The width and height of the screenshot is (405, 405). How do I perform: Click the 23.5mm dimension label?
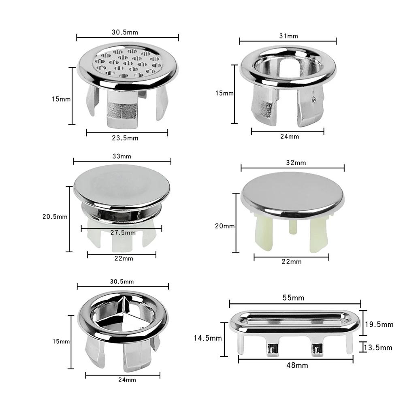point(125,138)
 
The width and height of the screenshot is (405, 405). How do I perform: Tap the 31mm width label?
point(288,36)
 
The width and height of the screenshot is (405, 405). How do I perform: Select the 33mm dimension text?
point(122,156)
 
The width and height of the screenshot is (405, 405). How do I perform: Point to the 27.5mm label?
point(123,232)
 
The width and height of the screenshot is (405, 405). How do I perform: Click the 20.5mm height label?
point(55,216)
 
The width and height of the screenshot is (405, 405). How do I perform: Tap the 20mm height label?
point(225,226)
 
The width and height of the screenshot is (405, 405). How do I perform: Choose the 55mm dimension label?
point(293,298)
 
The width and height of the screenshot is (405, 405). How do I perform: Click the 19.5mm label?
point(379,324)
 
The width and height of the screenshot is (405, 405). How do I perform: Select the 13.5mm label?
point(378,347)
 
